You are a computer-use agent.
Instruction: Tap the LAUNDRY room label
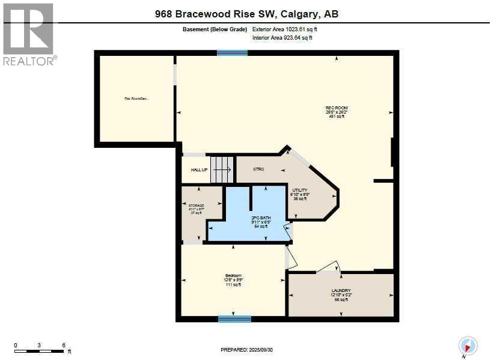click(341, 290)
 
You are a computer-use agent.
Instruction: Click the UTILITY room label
click(299, 191)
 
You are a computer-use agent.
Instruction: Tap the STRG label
click(258, 169)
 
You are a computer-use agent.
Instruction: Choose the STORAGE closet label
click(197, 206)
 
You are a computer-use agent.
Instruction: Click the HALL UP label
click(199, 170)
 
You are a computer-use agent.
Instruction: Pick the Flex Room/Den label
click(136, 99)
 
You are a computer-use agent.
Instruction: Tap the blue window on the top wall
click(232, 53)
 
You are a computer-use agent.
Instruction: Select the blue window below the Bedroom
click(234, 319)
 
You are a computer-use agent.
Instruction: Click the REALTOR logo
click(28, 34)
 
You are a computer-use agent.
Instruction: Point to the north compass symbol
click(468, 346)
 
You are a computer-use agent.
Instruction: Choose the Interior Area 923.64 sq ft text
click(282, 37)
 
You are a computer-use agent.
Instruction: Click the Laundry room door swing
click(328, 267)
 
